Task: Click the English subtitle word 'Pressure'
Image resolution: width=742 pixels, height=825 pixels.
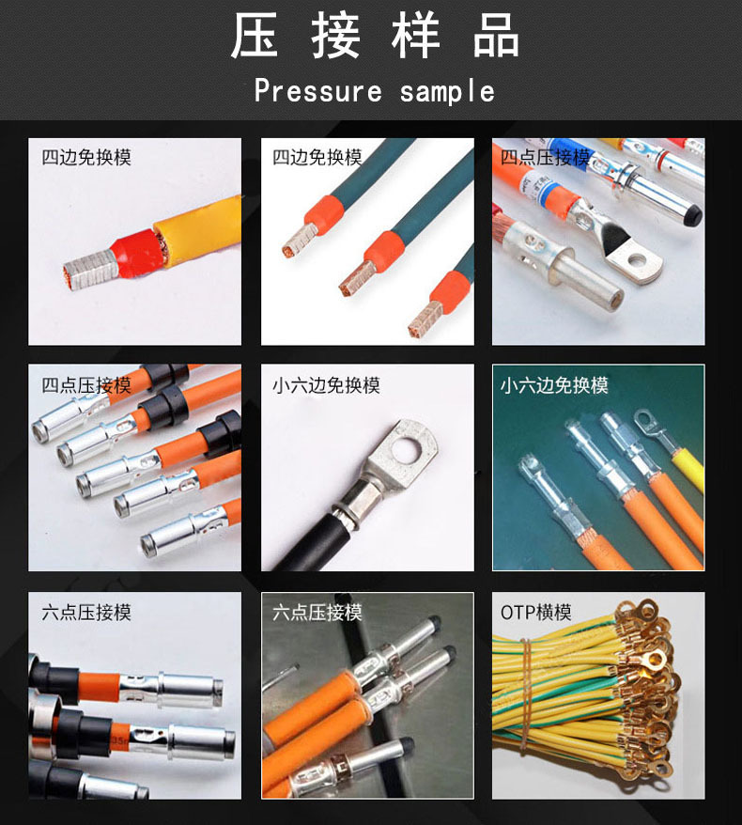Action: (317, 91)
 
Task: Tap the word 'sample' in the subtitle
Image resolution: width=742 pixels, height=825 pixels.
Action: (447, 91)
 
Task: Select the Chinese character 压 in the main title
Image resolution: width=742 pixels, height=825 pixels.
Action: (254, 35)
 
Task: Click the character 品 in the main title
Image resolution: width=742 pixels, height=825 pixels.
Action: (496, 35)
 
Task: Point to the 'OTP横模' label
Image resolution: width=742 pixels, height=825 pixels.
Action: (535, 613)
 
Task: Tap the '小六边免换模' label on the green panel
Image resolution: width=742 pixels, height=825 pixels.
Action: (554, 385)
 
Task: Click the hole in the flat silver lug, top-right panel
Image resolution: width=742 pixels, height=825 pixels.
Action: (637, 259)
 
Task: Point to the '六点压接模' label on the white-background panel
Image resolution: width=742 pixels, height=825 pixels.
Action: (86, 613)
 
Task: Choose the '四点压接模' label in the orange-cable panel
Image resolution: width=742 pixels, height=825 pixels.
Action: (86, 385)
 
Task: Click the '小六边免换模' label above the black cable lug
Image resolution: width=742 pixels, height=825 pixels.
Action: (326, 385)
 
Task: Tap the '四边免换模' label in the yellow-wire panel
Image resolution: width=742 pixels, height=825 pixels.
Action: (86, 157)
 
